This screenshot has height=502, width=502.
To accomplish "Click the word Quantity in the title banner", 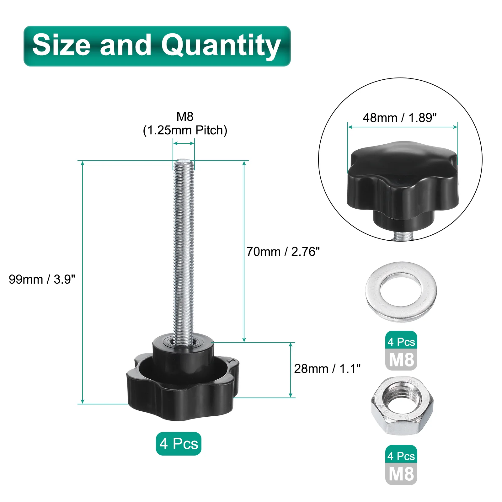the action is (221, 46).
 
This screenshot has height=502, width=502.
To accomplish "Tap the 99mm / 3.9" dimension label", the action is (42, 279).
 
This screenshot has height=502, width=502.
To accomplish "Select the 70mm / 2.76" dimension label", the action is (283, 252).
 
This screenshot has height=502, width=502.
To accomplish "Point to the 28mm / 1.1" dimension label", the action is (327, 369).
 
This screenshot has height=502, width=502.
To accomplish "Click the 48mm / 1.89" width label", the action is (400, 118).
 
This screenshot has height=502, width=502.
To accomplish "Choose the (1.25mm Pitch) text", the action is (185, 130).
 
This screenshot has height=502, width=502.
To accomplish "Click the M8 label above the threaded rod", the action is (185, 116).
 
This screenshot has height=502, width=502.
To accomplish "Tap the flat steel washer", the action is (401, 291).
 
